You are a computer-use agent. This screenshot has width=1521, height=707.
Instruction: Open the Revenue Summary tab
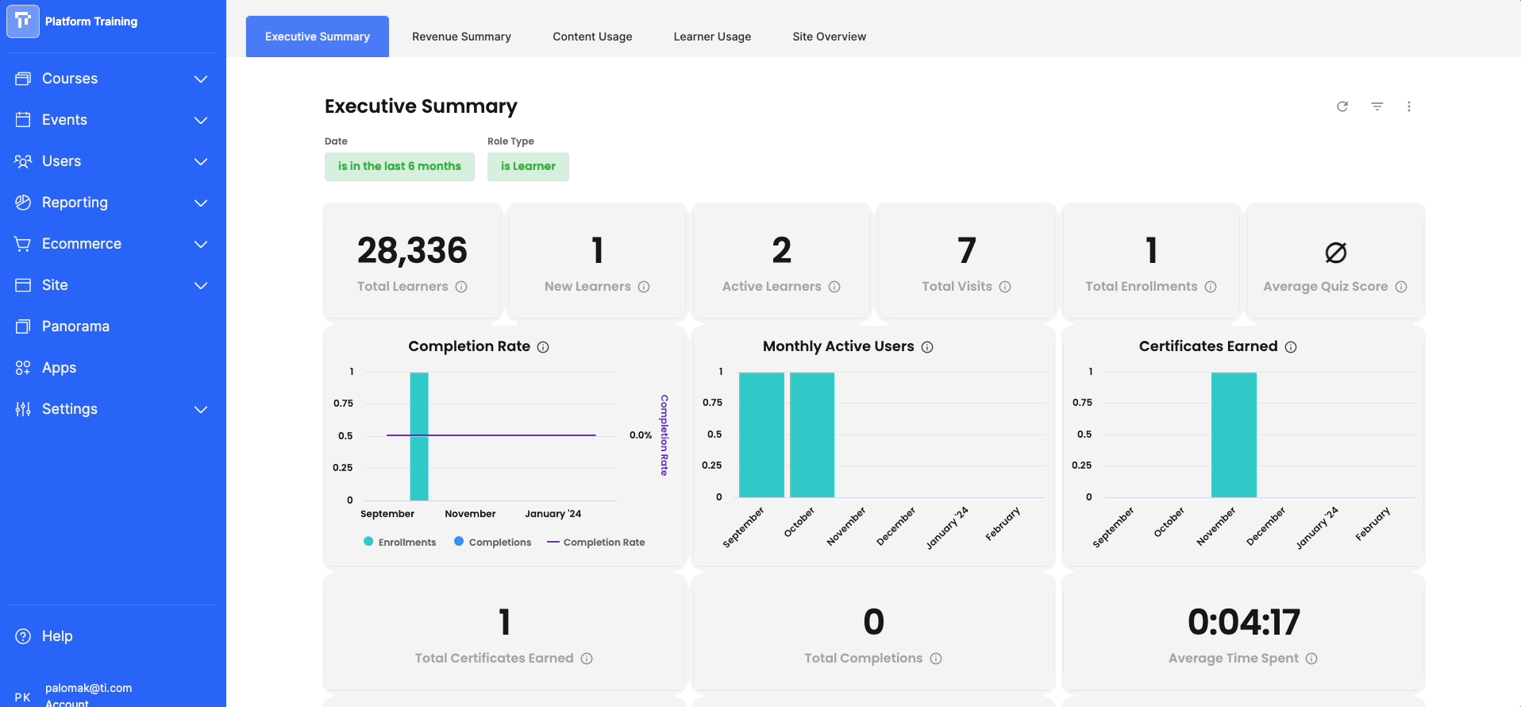(x=461, y=37)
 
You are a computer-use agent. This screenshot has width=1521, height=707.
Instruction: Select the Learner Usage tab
(x=712, y=37)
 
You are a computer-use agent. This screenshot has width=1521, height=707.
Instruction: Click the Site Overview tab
(x=829, y=37)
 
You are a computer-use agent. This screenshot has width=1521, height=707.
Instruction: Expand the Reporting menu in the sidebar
(x=111, y=203)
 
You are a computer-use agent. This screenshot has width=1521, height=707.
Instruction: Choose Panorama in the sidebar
(x=75, y=326)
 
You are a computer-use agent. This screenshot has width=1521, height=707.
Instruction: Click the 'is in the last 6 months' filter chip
(x=399, y=167)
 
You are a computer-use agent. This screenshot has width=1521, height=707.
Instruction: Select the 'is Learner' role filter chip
(x=528, y=167)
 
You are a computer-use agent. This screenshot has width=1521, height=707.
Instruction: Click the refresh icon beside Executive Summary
(x=1342, y=106)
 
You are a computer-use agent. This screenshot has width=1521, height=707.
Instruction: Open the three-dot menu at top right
(x=1409, y=106)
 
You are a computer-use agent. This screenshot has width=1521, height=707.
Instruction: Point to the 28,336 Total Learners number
(x=412, y=251)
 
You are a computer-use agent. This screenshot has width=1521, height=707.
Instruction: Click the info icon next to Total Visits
(x=1005, y=287)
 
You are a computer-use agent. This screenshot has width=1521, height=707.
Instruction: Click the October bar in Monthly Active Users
(x=812, y=435)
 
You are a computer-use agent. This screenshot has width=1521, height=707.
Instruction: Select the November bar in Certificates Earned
(x=1234, y=435)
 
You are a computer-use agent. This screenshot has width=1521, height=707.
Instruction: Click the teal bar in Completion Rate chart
(x=419, y=436)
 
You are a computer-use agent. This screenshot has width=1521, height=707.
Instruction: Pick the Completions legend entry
(x=492, y=542)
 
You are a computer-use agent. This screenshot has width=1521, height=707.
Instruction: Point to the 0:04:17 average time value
(x=1244, y=622)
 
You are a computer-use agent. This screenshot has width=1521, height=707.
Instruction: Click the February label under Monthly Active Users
(x=1003, y=524)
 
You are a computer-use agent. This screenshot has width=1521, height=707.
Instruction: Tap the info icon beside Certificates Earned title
(x=1291, y=347)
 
